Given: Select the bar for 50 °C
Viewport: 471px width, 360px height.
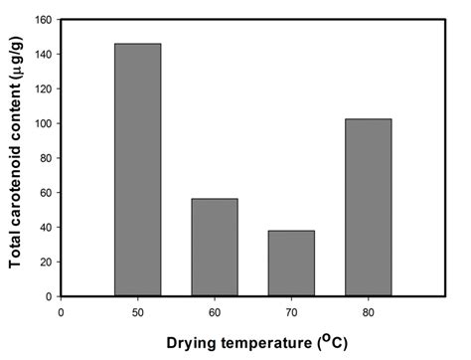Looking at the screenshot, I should [137, 170].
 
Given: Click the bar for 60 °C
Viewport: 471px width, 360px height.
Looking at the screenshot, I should [215, 248].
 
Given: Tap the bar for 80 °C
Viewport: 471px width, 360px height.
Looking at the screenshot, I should [369, 208].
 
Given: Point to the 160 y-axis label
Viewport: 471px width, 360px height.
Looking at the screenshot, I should [42, 20].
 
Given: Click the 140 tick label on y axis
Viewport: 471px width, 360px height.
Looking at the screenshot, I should [42, 54].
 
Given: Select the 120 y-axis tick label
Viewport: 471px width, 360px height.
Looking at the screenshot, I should [42, 89].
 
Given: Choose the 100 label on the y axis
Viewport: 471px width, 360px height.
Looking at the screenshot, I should [42, 123].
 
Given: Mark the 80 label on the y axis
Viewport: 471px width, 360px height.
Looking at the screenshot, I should [45, 158].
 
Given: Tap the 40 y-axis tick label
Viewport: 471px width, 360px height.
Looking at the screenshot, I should [45, 227].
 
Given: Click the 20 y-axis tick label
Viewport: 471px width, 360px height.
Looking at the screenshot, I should [45, 262].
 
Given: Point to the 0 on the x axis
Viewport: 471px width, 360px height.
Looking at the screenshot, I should [61, 311].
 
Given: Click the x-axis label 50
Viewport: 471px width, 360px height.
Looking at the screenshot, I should [137, 311].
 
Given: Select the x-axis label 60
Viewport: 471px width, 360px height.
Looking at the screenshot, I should [215, 311].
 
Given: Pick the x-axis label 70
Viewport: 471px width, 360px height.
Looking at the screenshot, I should [291, 311].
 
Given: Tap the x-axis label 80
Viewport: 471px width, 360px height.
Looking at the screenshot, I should [369, 311].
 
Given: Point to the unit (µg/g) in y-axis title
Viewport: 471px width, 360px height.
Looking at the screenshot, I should [18, 62].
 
